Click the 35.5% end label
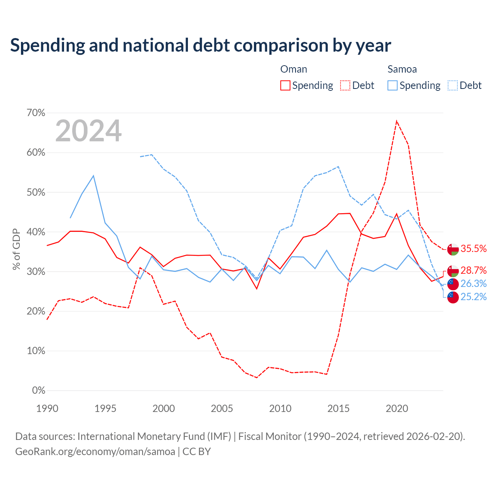coord(473,248)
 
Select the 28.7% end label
coord(473,270)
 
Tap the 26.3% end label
coord(473,283)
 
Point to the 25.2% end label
coord(473,297)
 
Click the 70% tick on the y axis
coord(36,113)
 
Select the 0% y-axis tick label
coord(39,391)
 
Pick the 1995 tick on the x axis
coord(105,408)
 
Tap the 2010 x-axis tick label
coord(280,408)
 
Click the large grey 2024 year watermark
coord(89,131)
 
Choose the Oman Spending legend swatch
coord(285,85)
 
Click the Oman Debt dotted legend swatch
coord(345,85)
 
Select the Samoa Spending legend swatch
coord(392,85)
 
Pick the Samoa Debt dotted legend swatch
coord(453,85)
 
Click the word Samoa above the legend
coord(402,69)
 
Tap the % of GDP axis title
coord(16,249)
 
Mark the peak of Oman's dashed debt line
coord(397,121)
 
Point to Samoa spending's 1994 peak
coord(93,176)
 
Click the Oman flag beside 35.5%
coord(453,249)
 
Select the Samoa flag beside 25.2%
coord(453,297)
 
